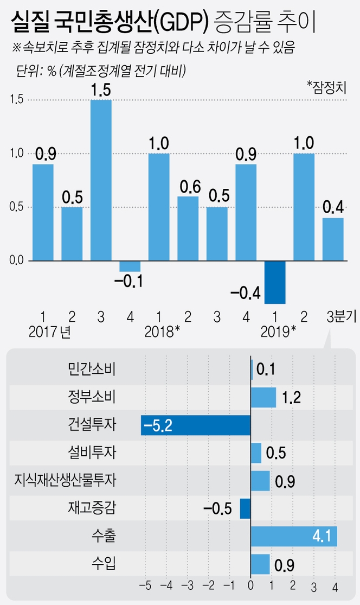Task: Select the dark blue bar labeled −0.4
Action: click(275, 282)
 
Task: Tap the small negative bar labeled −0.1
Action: click(130, 266)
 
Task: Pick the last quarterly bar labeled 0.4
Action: click(333, 239)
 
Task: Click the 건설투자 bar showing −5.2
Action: click(196, 425)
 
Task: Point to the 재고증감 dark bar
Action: click(245, 508)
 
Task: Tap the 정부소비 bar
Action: click(263, 398)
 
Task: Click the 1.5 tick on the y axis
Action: click(16, 100)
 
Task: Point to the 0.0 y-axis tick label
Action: click(16, 261)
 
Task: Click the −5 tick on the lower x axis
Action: click(145, 586)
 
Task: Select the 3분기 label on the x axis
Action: click(339, 316)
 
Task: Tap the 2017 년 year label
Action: click(50, 330)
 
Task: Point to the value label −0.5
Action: click(217, 509)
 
